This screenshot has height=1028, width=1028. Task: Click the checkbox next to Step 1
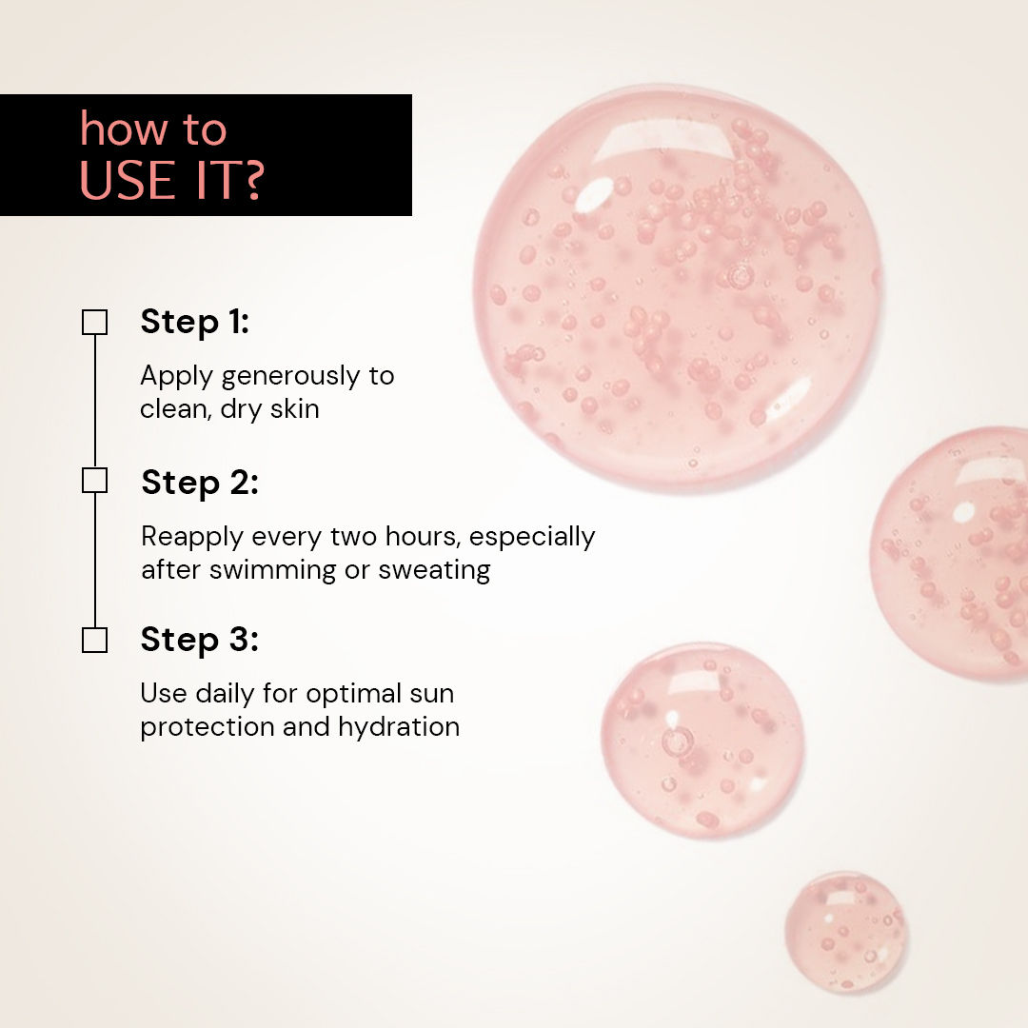[x=94, y=323]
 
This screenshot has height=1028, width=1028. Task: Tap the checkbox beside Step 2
[x=94, y=481]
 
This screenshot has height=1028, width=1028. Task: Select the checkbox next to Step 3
[x=94, y=640]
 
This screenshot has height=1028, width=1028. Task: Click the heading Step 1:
[x=194, y=322]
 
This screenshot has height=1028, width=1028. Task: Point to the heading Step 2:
[x=200, y=482]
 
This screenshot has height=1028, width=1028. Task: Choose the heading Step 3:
[x=199, y=640]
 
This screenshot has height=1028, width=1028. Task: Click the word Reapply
[x=192, y=538]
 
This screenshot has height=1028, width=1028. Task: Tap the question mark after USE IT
[x=248, y=180]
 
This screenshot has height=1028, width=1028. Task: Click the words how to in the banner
[x=153, y=130]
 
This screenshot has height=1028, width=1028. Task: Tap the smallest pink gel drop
[x=845, y=932]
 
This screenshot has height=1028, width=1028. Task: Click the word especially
[x=532, y=538]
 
